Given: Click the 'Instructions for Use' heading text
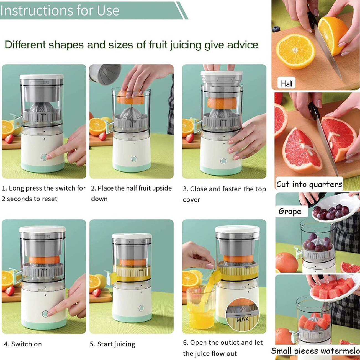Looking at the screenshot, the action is [x=60, y=11].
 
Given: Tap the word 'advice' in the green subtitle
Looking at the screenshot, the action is [x=243, y=45].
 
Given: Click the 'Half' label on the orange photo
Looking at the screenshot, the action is [x=287, y=83].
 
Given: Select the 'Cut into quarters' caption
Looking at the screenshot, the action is [x=309, y=184].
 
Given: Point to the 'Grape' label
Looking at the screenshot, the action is [x=290, y=211].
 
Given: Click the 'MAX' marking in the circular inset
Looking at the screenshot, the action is [x=243, y=319].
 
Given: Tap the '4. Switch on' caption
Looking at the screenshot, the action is [x=23, y=344].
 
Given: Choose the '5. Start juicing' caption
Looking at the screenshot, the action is [x=112, y=344].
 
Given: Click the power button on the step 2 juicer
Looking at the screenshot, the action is [x=134, y=159].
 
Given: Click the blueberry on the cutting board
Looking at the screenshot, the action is [x=276, y=29].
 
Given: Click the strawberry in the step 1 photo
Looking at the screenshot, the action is [x=9, y=139].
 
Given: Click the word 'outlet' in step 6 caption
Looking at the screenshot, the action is [x=228, y=343].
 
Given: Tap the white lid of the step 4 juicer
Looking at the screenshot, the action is [x=43, y=230].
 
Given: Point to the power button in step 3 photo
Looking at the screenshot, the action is [x=223, y=161].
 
